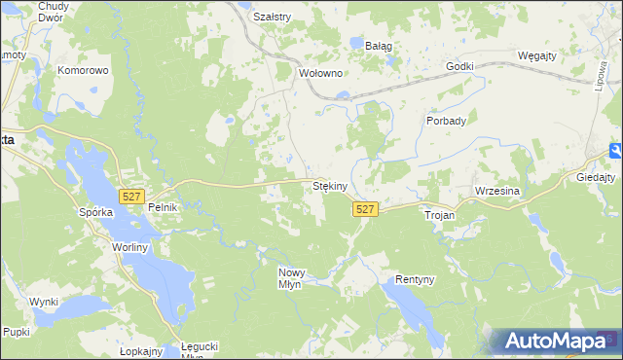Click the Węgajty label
coord(536,55)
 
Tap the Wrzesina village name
coord(497,192)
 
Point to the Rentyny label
coord(414,279)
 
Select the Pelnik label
coord(161,208)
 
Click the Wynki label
coord(44,302)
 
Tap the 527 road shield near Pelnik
coord(131,197)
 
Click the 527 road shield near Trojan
coord(365,209)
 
